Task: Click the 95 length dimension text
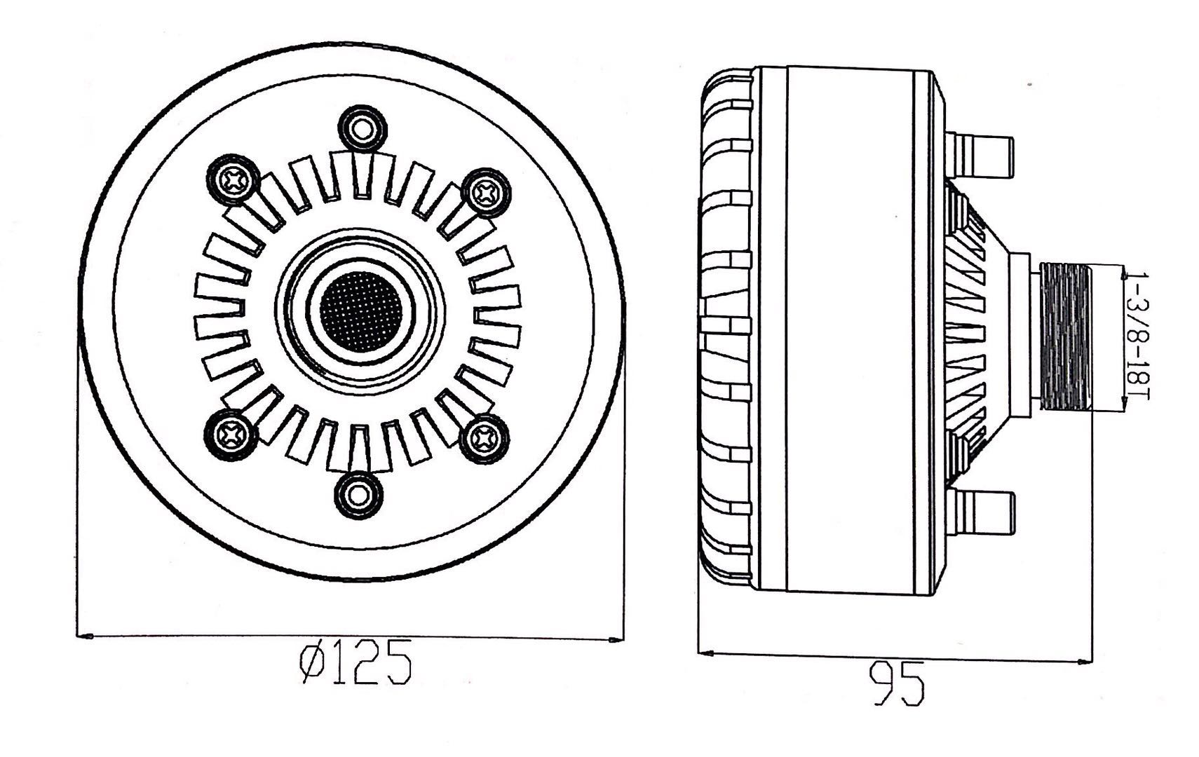pos(897,684)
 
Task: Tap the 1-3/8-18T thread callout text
pos(1137,336)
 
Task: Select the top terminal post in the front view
pos(363,128)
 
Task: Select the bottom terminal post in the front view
pos(358,496)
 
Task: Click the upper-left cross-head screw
pos(233,179)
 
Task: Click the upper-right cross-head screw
pos(486,193)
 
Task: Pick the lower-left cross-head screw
pos(230,435)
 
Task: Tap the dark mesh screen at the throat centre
pos(360,311)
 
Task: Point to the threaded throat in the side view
pos(1066,337)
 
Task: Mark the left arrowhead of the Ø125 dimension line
pos(86,636)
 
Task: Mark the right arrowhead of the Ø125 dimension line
pos(616,639)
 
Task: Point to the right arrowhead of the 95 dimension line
pos(1084,661)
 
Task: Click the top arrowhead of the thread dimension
pos(1123,273)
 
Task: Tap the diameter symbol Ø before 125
pos(312,662)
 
